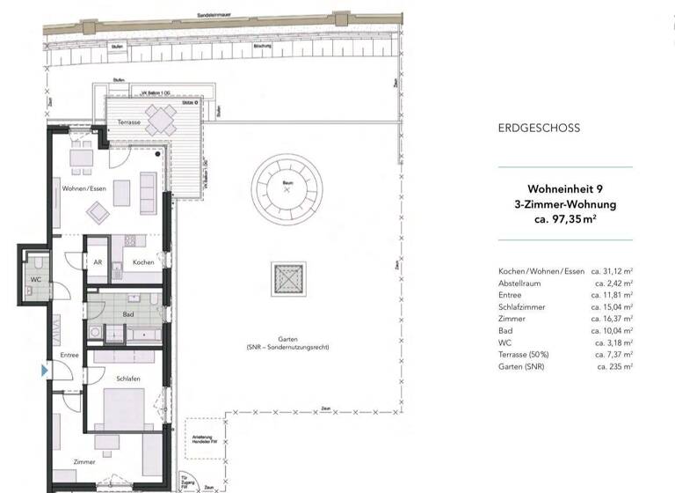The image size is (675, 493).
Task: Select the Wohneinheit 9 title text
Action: [x=565, y=189]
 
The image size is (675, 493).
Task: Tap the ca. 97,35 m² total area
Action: [x=565, y=219]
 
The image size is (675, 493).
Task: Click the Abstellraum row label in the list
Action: [x=522, y=283]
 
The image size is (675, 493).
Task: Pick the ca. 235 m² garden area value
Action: [x=614, y=365]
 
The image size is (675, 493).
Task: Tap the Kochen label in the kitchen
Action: [x=143, y=262]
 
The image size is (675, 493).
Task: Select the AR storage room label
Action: [x=98, y=262]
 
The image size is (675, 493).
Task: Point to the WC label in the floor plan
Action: [x=36, y=280]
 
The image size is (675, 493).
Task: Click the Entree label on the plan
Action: [x=70, y=355]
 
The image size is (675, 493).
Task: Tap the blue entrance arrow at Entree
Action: [x=45, y=372]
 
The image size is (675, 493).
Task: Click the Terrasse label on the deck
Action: [x=130, y=122]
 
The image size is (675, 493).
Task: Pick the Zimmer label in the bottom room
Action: [x=84, y=461]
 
